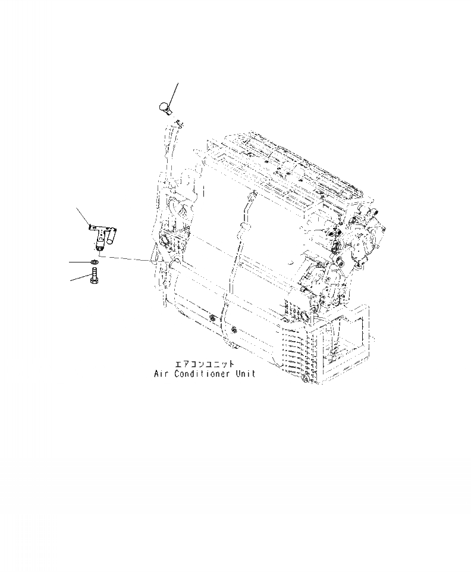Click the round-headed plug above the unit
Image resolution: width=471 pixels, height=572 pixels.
164,108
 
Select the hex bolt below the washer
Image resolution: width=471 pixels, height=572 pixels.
94,277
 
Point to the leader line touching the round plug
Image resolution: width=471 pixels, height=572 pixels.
173,92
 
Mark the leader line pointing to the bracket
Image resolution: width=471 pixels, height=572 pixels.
83,217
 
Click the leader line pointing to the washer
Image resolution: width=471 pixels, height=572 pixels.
80,262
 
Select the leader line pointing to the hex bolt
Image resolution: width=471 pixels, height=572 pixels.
80,277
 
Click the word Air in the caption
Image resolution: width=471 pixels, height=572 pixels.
159,374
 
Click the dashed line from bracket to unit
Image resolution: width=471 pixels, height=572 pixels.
125,258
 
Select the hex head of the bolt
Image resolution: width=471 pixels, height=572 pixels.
94,282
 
